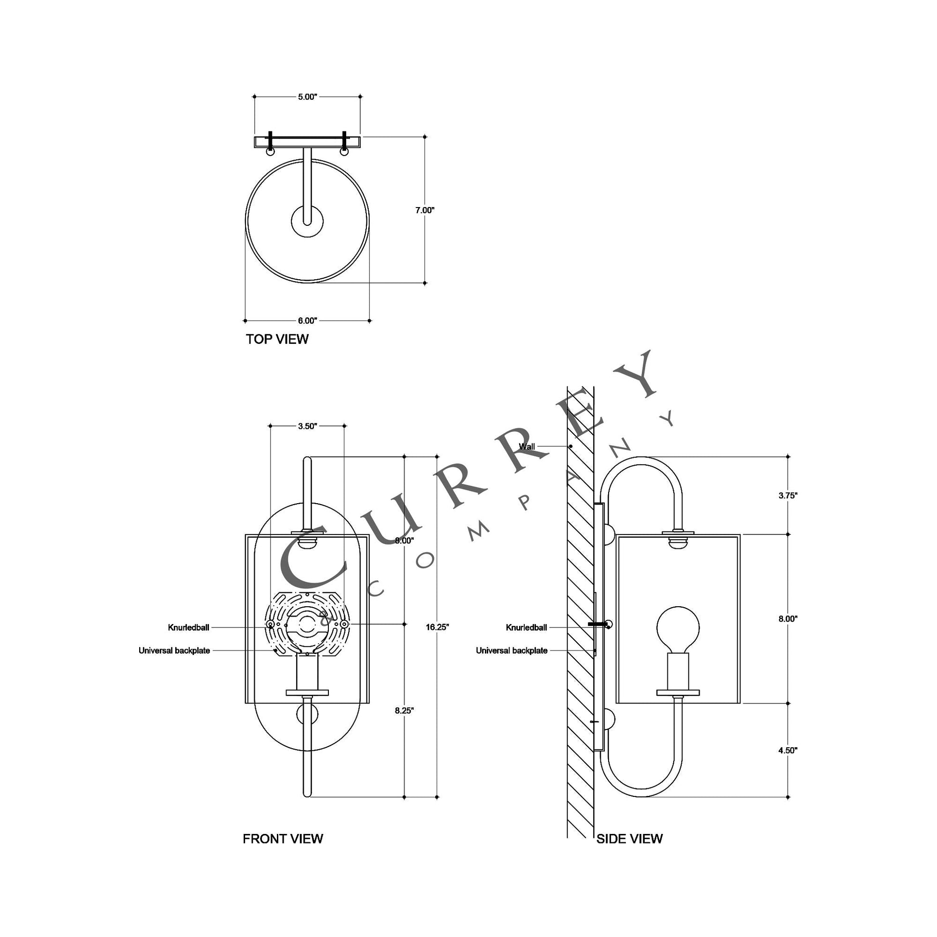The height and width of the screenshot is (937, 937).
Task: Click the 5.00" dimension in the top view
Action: point(307,97)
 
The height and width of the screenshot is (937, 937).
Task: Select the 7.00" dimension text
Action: point(425,210)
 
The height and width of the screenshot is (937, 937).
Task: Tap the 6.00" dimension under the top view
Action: point(308,321)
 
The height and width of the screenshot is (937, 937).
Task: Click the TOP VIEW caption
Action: point(277,339)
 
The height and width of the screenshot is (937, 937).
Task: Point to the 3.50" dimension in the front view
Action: point(307,426)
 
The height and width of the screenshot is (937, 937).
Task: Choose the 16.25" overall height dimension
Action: point(438,627)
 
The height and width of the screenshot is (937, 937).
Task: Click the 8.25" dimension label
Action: point(404,711)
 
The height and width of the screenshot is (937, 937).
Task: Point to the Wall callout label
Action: point(527,446)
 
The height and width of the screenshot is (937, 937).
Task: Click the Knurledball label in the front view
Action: point(189,627)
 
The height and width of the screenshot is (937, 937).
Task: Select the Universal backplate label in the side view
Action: point(512,651)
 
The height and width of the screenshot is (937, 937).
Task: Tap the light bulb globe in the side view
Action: point(678,628)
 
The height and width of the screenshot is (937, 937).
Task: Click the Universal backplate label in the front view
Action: point(174,651)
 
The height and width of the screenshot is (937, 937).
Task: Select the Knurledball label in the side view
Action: point(526,627)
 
